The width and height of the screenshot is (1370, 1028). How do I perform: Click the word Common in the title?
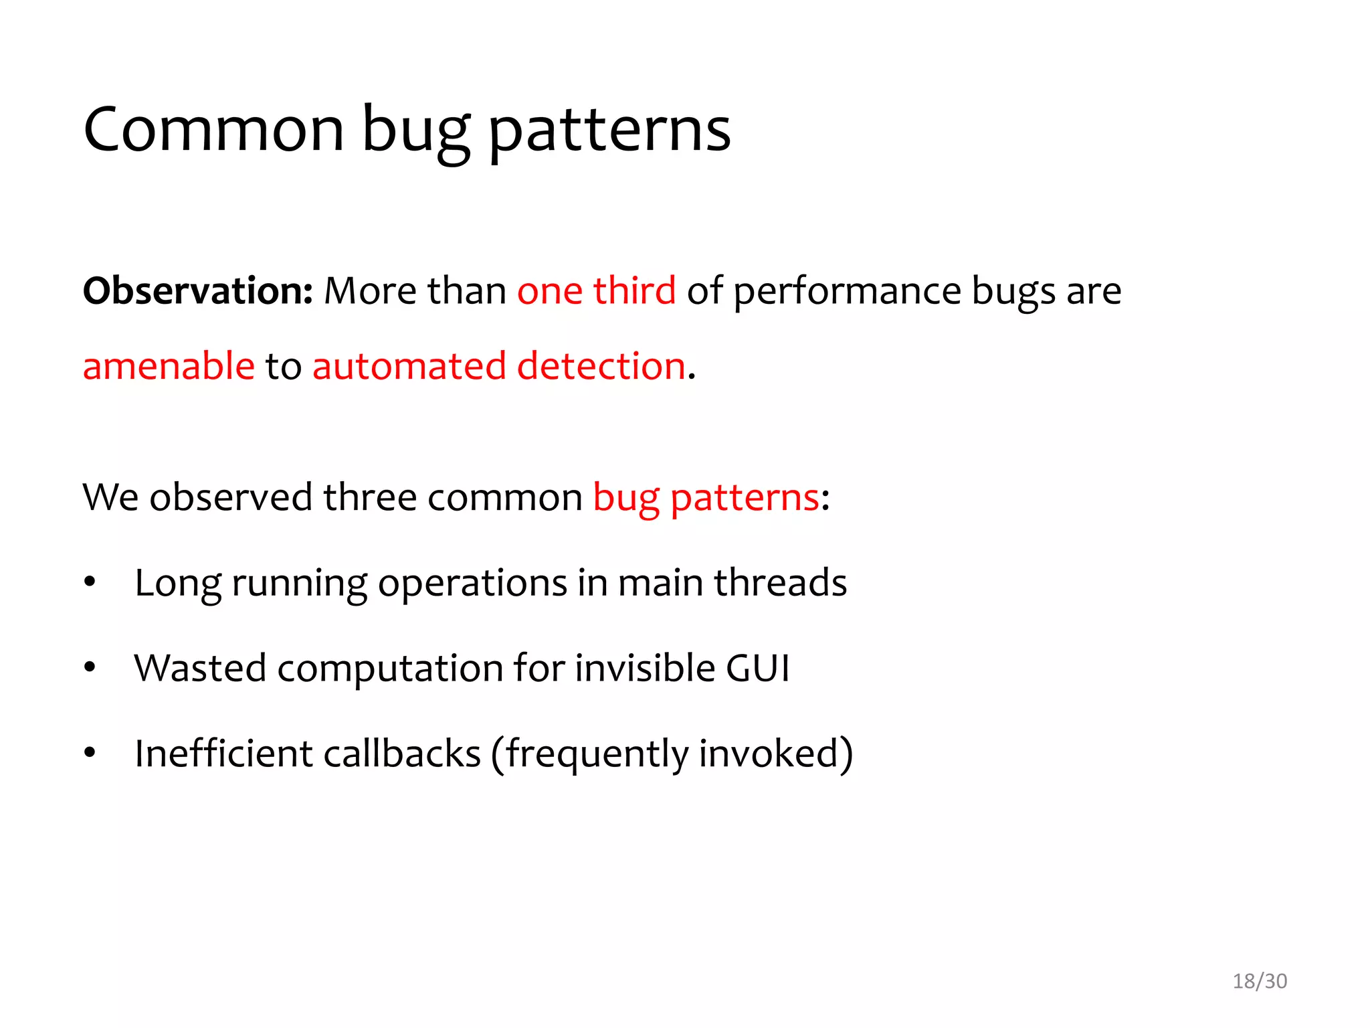pos(213,130)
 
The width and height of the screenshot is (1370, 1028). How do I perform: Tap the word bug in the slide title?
pos(415,131)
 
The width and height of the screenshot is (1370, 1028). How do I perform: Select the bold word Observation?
pos(197,291)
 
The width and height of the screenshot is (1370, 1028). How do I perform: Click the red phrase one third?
pos(596,291)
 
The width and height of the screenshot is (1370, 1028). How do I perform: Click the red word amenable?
pos(169,367)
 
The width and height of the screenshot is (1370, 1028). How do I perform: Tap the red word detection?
pos(601,367)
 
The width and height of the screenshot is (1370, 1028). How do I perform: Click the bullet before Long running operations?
pos(90,582)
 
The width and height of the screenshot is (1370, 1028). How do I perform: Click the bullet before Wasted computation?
pos(90,667)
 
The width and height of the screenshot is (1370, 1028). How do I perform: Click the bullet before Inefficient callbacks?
pos(90,753)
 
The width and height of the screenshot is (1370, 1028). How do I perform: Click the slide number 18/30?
pos(1259,981)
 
